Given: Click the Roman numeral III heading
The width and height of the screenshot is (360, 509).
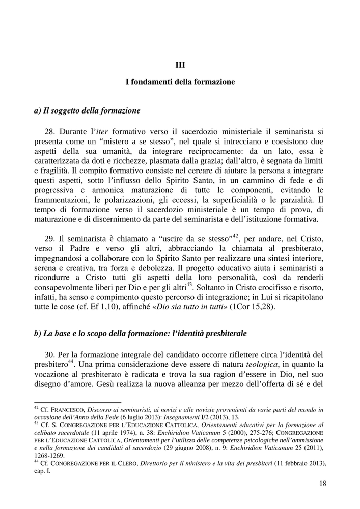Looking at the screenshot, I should pyautogui.click(x=180, y=64).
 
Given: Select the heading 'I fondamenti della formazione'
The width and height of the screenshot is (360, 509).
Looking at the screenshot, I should pyautogui.click(x=180, y=81).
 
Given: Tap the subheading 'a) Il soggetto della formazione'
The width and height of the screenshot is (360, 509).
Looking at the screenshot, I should pyautogui.click(x=87, y=110).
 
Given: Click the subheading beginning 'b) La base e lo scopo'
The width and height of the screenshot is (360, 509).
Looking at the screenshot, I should pyautogui.click(x=140, y=334).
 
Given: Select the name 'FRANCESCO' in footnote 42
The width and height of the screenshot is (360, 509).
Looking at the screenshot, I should pyautogui.click(x=67, y=409).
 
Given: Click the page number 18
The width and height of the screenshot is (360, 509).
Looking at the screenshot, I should pyautogui.click(x=322, y=483).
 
